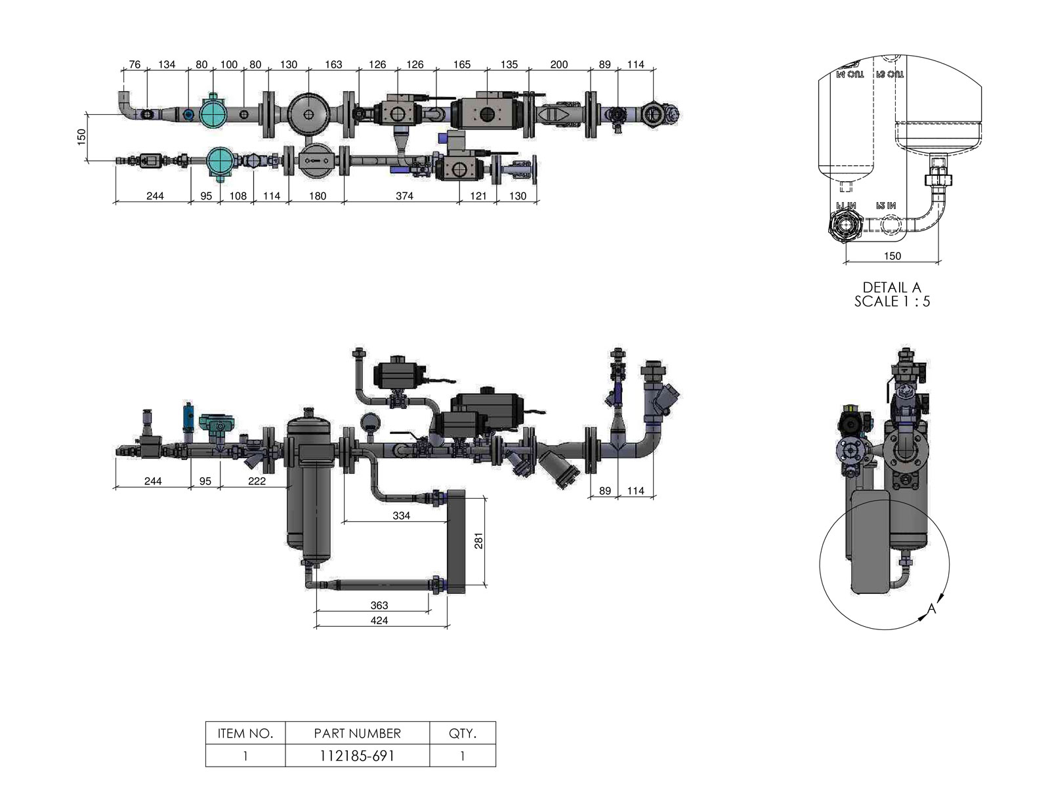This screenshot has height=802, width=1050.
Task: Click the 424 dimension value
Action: tap(379, 620)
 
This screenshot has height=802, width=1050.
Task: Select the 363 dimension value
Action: tap(379, 605)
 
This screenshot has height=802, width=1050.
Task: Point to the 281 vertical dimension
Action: tap(479, 541)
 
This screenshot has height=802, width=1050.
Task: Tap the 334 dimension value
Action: tap(401, 516)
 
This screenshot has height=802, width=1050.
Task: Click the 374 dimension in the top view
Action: tap(404, 196)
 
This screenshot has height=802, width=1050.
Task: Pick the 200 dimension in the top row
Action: tap(559, 64)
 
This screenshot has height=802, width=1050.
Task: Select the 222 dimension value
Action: tap(257, 481)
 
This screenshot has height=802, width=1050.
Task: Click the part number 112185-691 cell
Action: tap(357, 755)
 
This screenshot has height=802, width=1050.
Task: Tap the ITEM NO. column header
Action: tap(245, 733)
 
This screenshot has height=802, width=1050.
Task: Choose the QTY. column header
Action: tap(462, 733)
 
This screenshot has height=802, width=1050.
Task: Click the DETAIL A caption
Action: tap(892, 287)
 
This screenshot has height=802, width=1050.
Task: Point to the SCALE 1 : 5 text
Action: tap(892, 302)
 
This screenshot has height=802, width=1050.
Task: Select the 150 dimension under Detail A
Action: tap(892, 256)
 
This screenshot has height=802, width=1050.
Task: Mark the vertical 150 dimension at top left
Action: tap(82, 137)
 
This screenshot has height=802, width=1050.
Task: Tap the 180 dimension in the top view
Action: tap(318, 196)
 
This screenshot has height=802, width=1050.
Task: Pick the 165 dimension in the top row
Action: tap(462, 64)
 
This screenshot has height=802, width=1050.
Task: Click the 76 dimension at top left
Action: tap(135, 64)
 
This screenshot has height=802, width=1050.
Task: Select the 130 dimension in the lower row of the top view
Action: tap(518, 196)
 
